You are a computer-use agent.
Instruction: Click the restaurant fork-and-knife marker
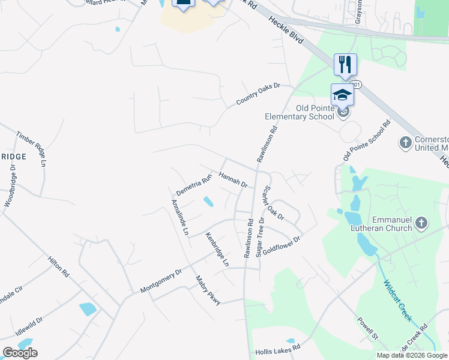tap(345, 64)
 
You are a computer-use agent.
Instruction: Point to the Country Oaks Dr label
tap(258, 94)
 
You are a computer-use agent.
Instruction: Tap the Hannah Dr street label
tap(234, 179)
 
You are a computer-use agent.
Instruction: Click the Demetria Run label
tap(194, 185)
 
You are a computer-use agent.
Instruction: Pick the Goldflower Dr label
tap(281, 243)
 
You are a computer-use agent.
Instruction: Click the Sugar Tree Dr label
tap(261, 237)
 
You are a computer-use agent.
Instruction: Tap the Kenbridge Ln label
tap(217, 249)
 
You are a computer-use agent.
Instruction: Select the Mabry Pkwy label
tap(208, 290)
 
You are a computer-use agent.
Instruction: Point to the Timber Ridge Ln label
tap(31, 148)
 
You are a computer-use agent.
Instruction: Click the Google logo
tap(20, 353)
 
